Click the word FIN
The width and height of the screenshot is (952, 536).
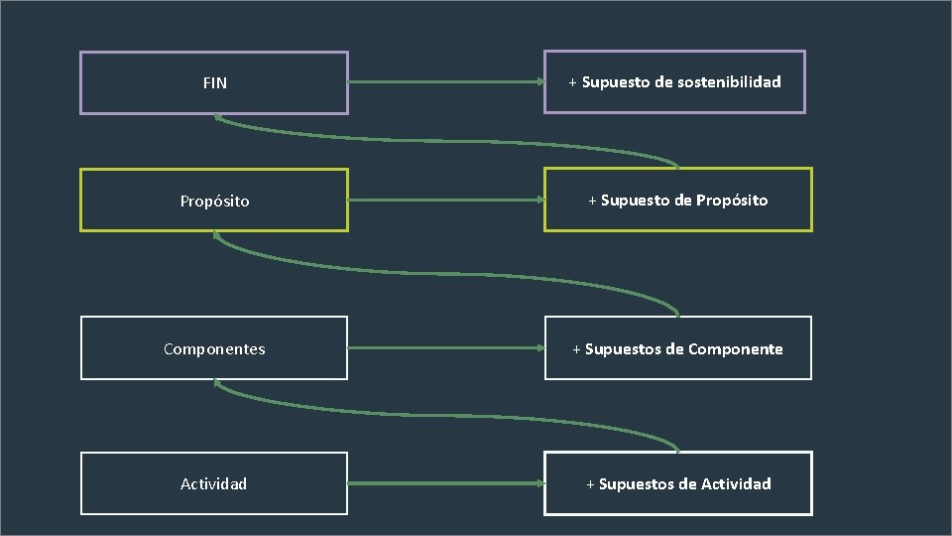[x=214, y=83]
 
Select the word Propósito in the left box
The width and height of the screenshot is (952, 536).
[x=214, y=201]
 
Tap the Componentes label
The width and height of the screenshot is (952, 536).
[x=214, y=349]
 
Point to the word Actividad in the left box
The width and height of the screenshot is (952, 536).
[x=214, y=484]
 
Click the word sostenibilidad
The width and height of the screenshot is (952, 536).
[x=729, y=82]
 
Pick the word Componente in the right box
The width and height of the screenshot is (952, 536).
[x=735, y=349]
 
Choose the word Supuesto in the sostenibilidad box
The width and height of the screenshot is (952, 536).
[x=615, y=82]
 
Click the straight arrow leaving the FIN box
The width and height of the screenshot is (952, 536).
[x=446, y=82]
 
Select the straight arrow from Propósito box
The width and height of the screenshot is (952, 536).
[x=446, y=201]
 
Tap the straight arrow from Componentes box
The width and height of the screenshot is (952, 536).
[x=446, y=348]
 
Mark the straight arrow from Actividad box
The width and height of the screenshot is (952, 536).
[x=446, y=484]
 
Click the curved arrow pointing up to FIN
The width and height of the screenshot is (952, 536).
[x=446, y=140]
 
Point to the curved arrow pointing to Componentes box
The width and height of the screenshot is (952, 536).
[x=446, y=410]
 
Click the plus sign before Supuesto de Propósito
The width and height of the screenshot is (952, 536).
[x=593, y=201]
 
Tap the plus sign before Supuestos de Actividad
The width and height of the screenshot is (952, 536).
[x=591, y=484]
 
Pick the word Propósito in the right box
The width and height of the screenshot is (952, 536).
[x=732, y=201]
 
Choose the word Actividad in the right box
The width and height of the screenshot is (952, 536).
[x=736, y=484]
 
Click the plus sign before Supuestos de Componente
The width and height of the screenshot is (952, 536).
[x=577, y=349]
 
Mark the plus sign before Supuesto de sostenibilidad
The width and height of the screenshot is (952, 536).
[x=573, y=82]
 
